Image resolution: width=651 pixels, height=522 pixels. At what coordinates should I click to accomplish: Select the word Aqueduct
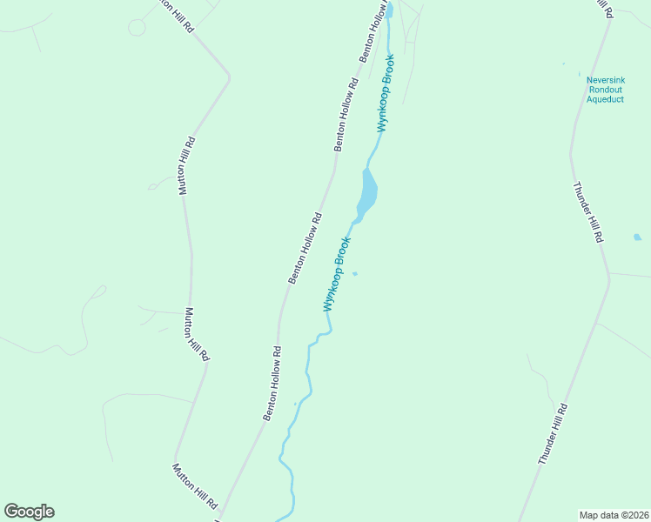tap(605, 99)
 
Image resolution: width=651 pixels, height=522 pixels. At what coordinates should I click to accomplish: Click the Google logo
tap(29, 512)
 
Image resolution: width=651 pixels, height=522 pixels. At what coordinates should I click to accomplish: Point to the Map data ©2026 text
tap(614, 514)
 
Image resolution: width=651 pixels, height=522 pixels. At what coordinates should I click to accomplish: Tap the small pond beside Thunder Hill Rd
tap(637, 237)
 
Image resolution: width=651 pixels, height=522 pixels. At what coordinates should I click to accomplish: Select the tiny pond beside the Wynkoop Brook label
tap(354, 274)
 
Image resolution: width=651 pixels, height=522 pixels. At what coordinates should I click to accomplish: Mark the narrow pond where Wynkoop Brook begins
tap(390, 10)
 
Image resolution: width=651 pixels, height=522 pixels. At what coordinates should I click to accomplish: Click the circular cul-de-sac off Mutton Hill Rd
tap(137, 27)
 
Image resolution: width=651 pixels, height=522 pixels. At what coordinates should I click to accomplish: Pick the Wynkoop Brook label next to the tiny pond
tap(337, 274)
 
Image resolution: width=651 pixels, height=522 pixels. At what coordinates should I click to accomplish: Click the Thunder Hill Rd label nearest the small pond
tap(588, 211)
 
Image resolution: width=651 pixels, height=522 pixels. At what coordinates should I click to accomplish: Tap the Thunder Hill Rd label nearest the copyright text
tap(554, 433)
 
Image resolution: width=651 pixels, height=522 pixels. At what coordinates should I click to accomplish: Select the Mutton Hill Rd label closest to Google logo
tap(193, 485)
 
